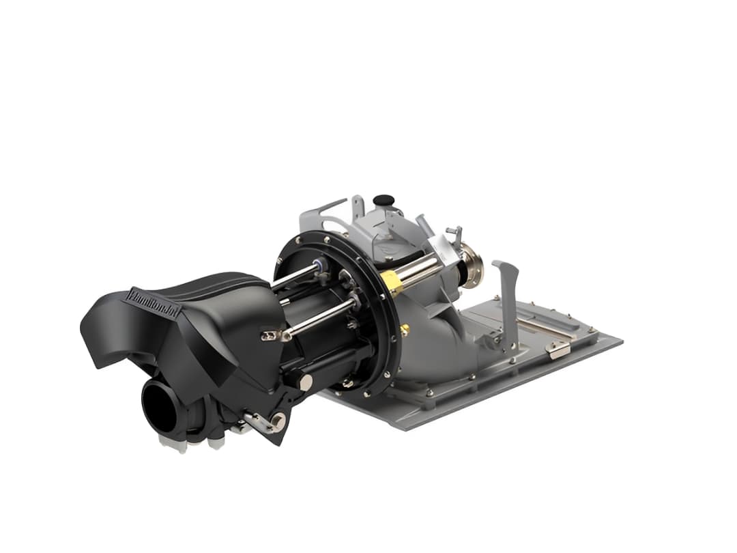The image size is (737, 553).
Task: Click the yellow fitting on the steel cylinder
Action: (390, 279)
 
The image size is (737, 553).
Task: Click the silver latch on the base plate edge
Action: (558, 349)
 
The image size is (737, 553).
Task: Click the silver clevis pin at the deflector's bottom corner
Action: (277, 421)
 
